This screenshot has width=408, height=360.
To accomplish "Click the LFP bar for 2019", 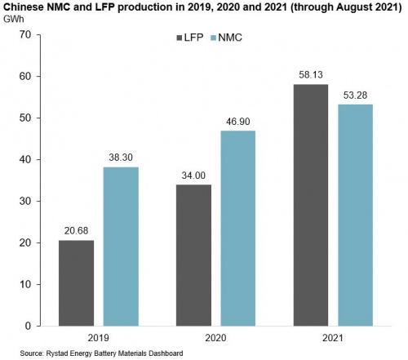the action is tap(77, 283).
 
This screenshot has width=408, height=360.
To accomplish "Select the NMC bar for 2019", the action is tap(121, 247).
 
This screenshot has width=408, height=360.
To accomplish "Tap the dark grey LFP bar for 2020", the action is tap(193, 256).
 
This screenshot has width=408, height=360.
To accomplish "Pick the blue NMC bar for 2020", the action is tap(238, 229).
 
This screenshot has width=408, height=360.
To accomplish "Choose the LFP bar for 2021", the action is tap(311, 205).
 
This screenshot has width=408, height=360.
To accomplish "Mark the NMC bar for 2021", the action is tap(355, 216).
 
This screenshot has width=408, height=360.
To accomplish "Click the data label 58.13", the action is tap(311, 74).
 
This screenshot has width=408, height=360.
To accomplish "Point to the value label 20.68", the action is tap(77, 231).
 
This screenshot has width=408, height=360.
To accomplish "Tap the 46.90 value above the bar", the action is tap(238, 122).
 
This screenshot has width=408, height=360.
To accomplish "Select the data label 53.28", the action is tap(355, 96).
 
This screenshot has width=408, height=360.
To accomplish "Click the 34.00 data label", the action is tap(193, 176).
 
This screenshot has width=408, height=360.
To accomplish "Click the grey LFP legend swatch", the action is tap(180, 38).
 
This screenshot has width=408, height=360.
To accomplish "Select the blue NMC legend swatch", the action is tap(214, 38).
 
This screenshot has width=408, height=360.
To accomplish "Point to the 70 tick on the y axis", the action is tap(25, 34).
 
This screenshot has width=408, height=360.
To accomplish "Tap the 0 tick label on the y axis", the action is tap(28, 326).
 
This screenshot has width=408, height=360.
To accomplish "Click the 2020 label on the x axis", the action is tap(215, 338).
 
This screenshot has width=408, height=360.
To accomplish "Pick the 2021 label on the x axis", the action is tap(333, 338).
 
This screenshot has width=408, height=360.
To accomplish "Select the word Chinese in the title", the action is tap(23, 7).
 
